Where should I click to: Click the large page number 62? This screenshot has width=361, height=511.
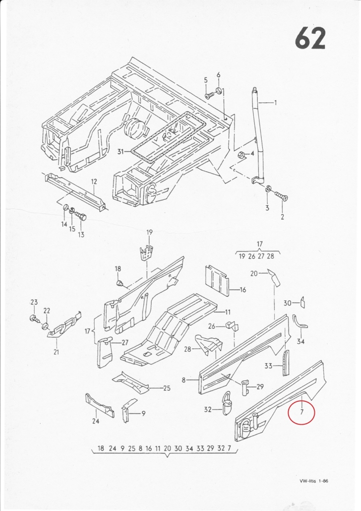coord(310,38)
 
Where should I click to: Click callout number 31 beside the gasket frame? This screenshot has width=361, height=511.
coord(121,151)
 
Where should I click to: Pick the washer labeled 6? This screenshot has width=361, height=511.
coord(219,90)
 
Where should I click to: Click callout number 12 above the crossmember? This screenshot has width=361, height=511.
coord(94,182)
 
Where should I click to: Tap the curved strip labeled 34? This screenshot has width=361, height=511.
coord(298,324)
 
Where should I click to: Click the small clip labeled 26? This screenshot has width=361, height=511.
coord(232,325)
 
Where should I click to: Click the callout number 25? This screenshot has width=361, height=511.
coord(167,388)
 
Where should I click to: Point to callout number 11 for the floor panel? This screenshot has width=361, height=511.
coord(228,312)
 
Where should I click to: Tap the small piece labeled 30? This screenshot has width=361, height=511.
coord(302,303)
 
